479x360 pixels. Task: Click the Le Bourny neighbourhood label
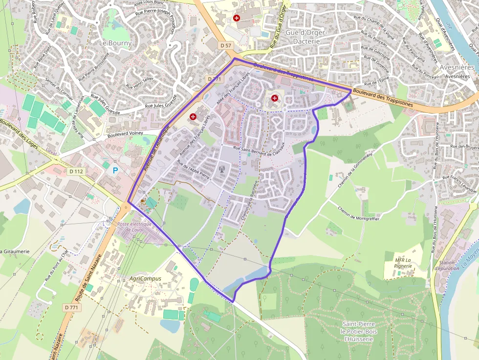coord(115,43)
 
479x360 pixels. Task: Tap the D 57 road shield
coord(226,45)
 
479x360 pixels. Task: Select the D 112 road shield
coord(76,171)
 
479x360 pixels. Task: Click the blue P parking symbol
coord(115,170)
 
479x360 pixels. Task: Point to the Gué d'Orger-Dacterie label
coord(306,37)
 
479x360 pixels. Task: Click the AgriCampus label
coord(145,278)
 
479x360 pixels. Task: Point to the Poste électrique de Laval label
coord(134,227)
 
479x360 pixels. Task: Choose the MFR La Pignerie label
coord(403,263)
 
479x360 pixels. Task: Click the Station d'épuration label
coord(447,266)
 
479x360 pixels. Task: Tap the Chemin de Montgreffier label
coord(358,212)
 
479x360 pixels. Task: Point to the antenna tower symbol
coord(221,170)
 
